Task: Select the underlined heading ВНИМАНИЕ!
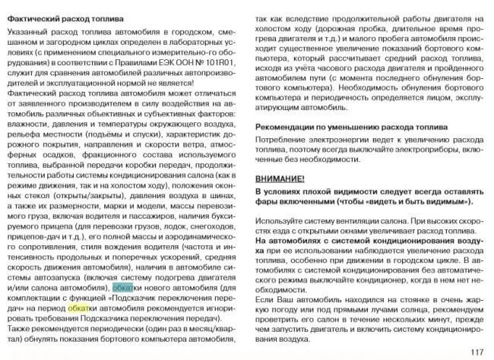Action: tap(280, 178)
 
